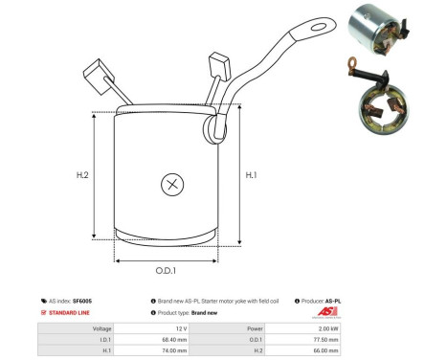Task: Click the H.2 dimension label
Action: (x=82, y=176)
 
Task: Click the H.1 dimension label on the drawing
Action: (x=252, y=175)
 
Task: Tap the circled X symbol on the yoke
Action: (x=172, y=184)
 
